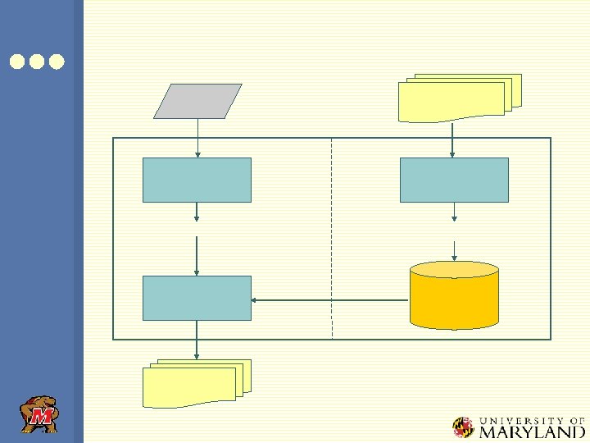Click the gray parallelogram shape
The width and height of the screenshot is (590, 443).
point(197,101)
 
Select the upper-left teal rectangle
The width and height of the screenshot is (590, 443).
point(197,180)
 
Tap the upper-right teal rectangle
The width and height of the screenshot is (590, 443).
point(454,180)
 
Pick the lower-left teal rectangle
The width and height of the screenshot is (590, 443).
point(197,298)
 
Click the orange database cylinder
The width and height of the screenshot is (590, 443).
point(454,295)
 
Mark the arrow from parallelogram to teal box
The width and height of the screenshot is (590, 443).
point(197,138)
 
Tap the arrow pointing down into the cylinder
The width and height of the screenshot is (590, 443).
point(454,249)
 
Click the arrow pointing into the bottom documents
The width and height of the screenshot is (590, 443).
point(197,340)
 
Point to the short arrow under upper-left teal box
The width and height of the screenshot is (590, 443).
point(197,212)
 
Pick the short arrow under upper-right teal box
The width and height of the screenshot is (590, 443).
point(454,212)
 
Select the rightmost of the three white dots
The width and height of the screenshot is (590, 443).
point(56,62)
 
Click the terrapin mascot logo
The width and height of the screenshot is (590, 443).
point(39,415)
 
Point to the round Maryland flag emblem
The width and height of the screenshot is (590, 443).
point(464,427)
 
